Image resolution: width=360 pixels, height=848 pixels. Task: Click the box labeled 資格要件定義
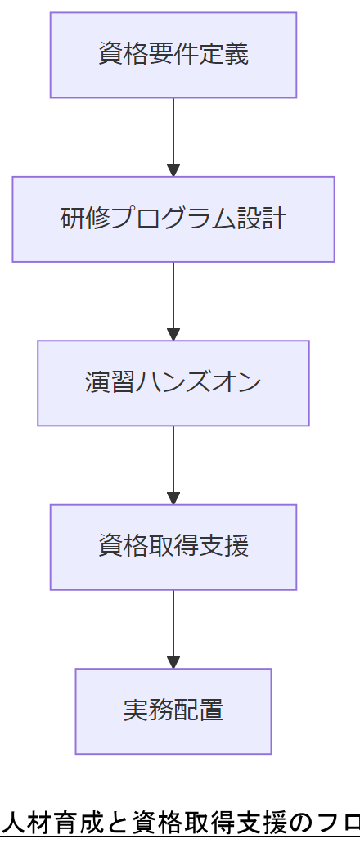(173, 55)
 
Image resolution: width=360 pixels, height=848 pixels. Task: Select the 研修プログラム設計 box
(173, 219)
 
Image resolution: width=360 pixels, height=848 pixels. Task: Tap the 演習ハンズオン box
(173, 383)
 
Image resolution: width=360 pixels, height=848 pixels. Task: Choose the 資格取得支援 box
(173, 547)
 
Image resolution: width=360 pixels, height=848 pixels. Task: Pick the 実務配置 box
(173, 710)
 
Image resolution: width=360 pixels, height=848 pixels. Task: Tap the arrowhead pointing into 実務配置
(173, 662)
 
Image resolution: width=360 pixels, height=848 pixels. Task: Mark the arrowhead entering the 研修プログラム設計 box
(173, 170)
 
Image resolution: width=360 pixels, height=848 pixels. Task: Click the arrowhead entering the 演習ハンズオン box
(173, 334)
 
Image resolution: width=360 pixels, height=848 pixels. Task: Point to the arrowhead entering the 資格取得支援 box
(173, 498)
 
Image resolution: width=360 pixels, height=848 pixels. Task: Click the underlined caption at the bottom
(180, 822)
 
